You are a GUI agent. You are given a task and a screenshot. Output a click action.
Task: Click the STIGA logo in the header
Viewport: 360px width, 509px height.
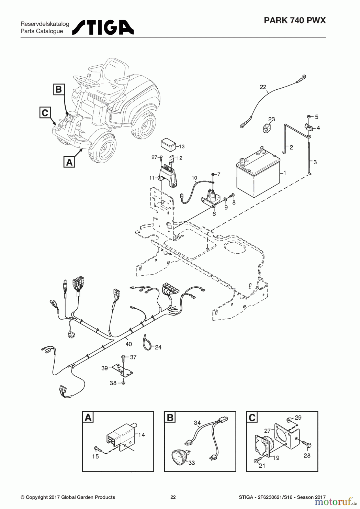pos(103,27)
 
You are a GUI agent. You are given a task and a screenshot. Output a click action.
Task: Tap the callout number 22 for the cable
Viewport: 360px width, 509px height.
pos(263,87)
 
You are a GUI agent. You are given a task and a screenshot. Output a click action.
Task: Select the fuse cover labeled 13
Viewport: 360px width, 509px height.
pos(168,144)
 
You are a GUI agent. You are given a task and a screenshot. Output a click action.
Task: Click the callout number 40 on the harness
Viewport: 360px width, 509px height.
pos(128,344)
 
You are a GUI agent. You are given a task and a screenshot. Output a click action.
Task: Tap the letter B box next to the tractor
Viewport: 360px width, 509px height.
pos(59,89)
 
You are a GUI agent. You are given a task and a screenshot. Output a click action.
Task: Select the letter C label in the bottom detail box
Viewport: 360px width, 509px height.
pos(252,417)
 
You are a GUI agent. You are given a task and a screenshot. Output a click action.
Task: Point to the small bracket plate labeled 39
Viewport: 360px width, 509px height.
pos(122,370)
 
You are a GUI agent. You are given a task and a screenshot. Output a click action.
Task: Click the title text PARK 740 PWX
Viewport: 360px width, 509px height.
pos(295,20)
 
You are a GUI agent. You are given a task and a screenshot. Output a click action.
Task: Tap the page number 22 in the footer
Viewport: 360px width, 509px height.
pos(173,497)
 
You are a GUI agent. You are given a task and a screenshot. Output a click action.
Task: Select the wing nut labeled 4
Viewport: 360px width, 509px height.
pos(309,126)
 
